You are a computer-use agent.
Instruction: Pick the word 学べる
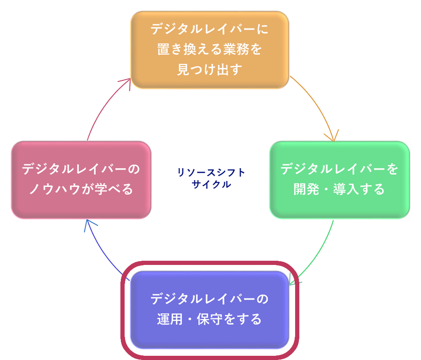tap(115, 189)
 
